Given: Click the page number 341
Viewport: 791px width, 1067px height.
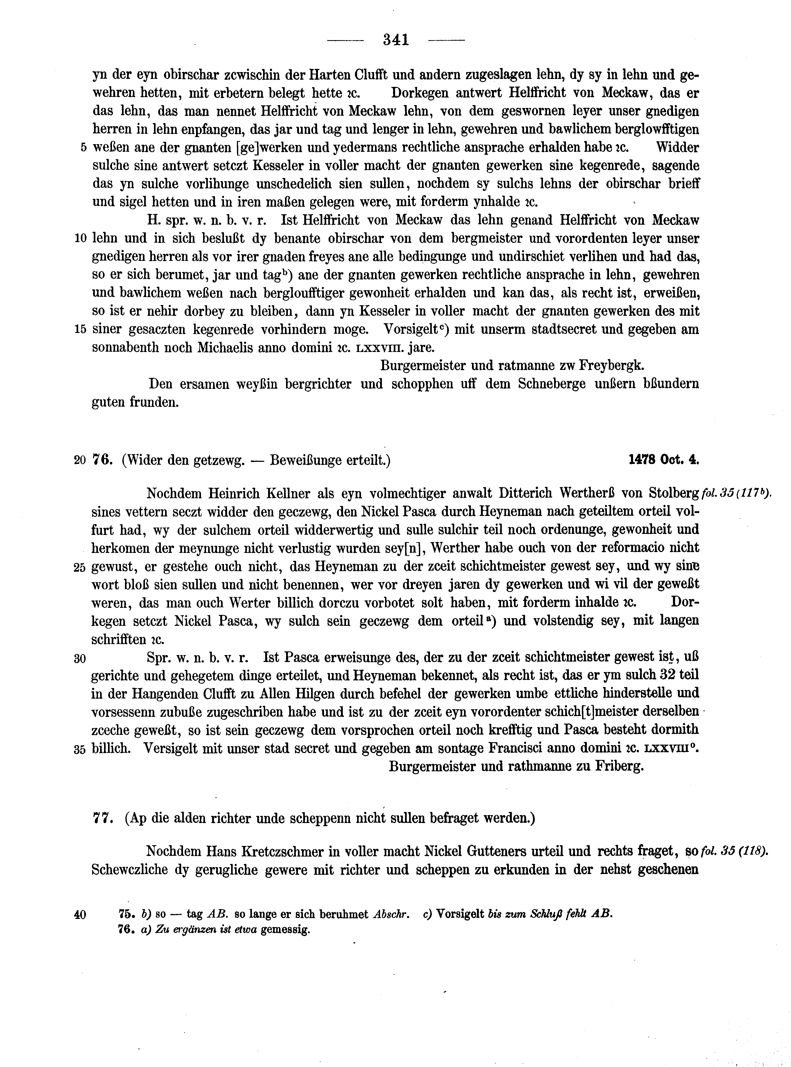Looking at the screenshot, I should pyautogui.click(x=396, y=40).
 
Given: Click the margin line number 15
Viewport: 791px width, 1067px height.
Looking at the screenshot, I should pyautogui.click(x=81, y=330).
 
